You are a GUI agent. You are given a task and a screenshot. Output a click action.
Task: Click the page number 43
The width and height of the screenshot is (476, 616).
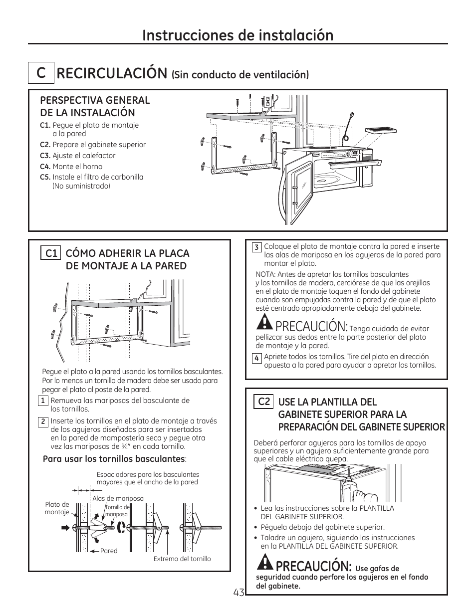238,593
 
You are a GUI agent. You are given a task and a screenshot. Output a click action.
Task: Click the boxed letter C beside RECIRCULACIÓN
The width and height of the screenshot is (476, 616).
40,73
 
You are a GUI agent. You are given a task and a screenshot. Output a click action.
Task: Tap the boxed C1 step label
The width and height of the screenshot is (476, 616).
51,253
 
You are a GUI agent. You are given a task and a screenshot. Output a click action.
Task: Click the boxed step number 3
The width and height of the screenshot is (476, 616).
256,247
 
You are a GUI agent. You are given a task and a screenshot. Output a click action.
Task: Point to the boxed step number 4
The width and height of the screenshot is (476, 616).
256,358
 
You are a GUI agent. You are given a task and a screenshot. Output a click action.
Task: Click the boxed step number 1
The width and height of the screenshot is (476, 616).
43,401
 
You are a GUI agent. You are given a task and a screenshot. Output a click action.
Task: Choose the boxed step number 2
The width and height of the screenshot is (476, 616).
43,421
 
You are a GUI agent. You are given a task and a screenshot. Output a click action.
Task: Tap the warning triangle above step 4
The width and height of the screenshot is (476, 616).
264,323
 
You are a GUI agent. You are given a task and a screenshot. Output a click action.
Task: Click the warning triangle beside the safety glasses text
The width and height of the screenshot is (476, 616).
264,563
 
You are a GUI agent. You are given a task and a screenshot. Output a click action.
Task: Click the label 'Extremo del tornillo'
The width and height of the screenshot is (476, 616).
182,559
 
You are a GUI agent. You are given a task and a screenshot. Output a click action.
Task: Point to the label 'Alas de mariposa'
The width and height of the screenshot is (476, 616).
118,498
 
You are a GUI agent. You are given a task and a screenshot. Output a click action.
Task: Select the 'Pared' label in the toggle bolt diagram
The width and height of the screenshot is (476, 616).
109,551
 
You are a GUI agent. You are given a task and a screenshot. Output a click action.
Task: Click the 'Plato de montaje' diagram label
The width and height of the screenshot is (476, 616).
57,508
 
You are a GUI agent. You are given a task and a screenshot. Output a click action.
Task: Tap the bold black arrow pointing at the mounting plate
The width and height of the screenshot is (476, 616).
65,527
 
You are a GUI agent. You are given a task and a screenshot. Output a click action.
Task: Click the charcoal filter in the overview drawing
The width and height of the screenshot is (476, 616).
382,131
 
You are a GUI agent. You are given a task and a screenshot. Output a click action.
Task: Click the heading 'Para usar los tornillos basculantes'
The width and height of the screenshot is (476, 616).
114,459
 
